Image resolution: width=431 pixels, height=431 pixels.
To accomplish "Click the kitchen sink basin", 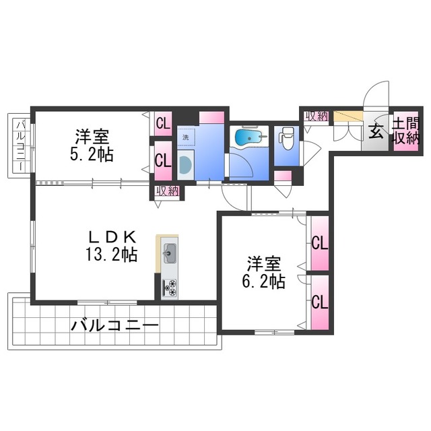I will click(x=169, y=255).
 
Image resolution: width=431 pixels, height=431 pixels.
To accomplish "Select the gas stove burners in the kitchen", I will click(x=169, y=287).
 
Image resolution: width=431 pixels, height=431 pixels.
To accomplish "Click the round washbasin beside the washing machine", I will click(x=185, y=163).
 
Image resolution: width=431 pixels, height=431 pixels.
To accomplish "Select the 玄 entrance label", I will click(x=375, y=132).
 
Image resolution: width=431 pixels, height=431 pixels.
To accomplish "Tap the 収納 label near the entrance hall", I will click(x=316, y=116).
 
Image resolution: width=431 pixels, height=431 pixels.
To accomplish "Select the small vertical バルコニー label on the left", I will click(x=20, y=146).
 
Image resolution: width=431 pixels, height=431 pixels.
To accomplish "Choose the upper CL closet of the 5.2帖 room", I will click(x=162, y=123).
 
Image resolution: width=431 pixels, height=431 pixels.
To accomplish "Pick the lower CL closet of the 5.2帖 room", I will click(x=162, y=161).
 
